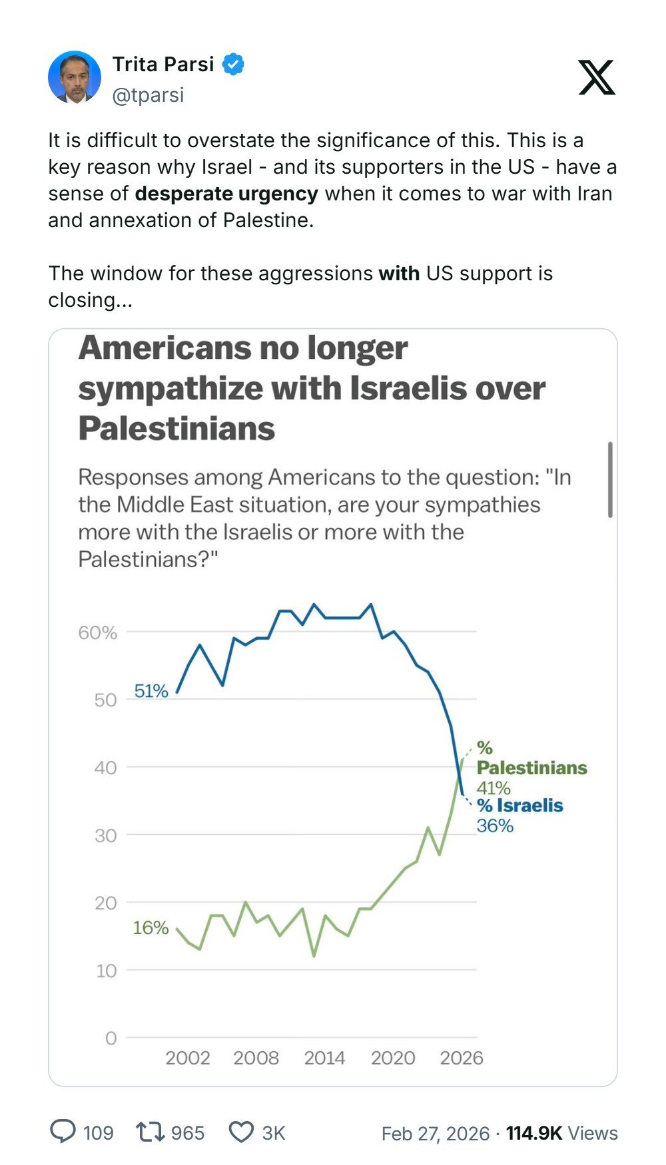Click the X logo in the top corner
point(596,78)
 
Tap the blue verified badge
point(232,65)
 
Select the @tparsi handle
point(148,95)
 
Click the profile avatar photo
point(75,77)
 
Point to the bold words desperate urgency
point(226,194)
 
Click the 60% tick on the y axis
point(97,632)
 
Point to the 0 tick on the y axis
point(111,1038)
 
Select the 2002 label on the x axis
point(187,1058)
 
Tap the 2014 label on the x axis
point(324,1058)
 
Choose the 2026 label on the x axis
point(462,1058)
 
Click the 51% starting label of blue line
point(151,691)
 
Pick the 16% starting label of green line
point(151,927)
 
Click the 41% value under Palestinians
point(494,788)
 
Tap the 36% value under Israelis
point(495,826)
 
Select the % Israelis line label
point(520,806)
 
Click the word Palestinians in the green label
point(532,768)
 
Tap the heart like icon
point(241,1132)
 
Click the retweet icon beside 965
point(150,1132)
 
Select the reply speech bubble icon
point(63,1132)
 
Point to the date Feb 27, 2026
point(435,1134)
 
